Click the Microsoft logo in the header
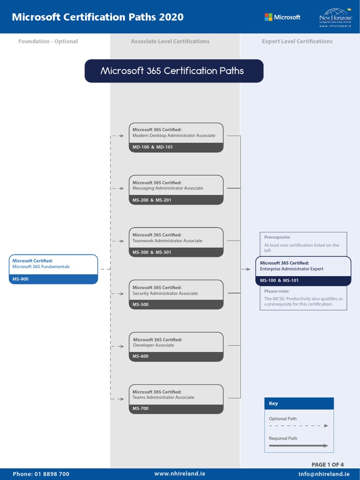pyautogui.click(x=282, y=17)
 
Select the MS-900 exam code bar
pyautogui.click(x=53, y=279)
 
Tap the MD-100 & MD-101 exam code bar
pyautogui.click(x=176, y=147)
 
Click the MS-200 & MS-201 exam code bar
pyautogui.click(x=176, y=200)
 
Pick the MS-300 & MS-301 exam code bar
pyautogui.click(x=176, y=252)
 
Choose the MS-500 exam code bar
pyautogui.click(x=176, y=305)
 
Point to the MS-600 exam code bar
pyautogui.click(x=176, y=356)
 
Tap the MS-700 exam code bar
pyautogui.click(x=176, y=409)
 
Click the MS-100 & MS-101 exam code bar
pyautogui.click(x=303, y=281)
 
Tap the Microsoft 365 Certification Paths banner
pyautogui.click(x=174, y=71)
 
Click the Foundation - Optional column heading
pyautogui.click(x=48, y=41)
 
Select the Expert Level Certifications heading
pyautogui.click(x=297, y=41)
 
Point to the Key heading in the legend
pyautogui.click(x=273, y=404)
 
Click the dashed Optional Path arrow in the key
pyautogui.click(x=299, y=426)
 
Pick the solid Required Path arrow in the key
pyautogui.click(x=299, y=446)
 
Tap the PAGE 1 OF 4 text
pyautogui.click(x=328, y=465)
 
